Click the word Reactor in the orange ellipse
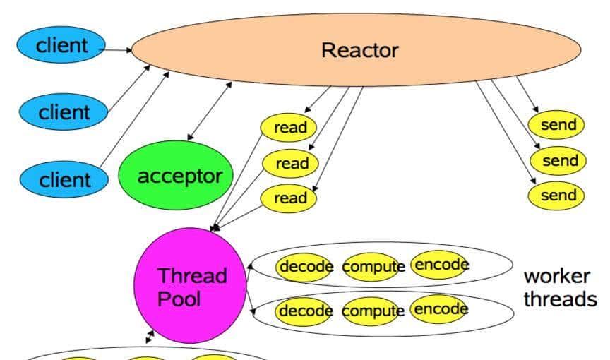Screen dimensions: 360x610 (x=359, y=51)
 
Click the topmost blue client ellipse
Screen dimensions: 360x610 (x=62, y=47)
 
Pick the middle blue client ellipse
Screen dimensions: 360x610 (x=64, y=112)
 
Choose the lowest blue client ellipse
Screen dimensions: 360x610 (x=64, y=179)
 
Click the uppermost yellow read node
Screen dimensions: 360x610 (x=289, y=128)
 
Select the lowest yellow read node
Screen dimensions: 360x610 (x=290, y=198)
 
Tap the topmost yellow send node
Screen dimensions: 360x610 (x=558, y=126)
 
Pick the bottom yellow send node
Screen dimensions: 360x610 (x=558, y=196)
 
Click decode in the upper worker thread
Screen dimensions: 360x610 (x=306, y=267)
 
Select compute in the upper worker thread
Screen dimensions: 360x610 (x=373, y=267)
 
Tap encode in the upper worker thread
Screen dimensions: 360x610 (x=441, y=265)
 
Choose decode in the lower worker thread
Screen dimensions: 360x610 (x=306, y=311)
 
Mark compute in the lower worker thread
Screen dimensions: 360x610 (x=373, y=311)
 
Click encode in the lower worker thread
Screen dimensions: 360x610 (x=441, y=309)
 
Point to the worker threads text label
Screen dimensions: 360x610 (x=559, y=287)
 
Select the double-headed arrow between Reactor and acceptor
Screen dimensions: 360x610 (x=210, y=111)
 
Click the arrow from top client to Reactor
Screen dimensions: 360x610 (x=118, y=50)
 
